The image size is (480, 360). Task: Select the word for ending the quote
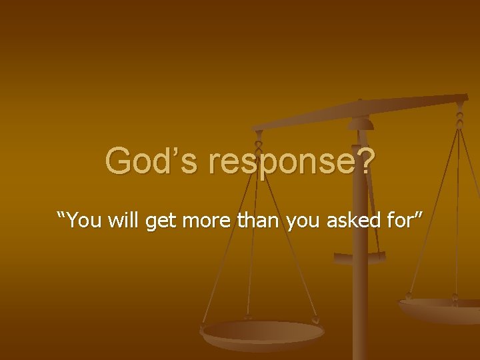(395, 220)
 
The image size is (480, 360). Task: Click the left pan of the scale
(263, 332)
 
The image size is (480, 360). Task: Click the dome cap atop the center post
(361, 123)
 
